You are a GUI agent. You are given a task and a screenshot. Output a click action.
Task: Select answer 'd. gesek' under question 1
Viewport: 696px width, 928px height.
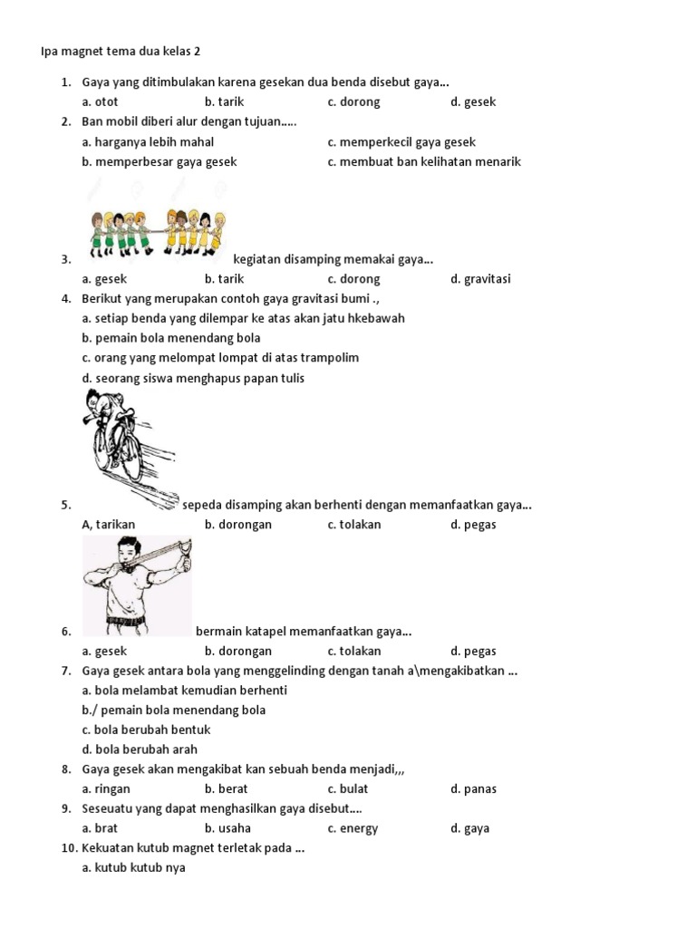(x=473, y=102)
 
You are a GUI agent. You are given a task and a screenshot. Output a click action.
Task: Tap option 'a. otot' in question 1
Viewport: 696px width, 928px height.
(x=100, y=102)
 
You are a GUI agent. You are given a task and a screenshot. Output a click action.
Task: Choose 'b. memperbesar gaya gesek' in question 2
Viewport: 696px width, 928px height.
(x=159, y=162)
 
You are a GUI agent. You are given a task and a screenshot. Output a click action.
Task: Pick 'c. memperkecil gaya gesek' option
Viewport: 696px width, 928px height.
(x=401, y=142)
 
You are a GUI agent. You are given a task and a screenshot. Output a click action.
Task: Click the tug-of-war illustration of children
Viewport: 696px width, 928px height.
(x=158, y=232)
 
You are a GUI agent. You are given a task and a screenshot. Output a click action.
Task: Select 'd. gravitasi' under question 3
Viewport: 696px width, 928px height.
(x=480, y=279)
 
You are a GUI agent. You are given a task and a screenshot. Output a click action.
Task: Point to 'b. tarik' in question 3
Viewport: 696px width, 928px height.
(x=224, y=279)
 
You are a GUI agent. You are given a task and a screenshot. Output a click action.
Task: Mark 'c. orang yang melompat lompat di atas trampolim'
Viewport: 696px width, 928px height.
(x=220, y=358)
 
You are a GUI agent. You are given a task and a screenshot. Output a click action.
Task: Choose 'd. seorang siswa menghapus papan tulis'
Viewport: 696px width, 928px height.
(x=193, y=378)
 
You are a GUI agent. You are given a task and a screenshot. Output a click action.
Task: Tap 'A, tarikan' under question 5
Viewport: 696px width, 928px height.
(x=108, y=525)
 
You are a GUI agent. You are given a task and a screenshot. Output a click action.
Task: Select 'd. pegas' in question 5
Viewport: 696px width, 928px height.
(x=473, y=525)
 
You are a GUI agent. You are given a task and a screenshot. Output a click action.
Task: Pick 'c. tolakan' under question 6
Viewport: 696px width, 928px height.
(x=354, y=651)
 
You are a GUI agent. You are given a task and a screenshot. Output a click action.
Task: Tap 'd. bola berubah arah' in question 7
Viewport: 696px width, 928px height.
(x=140, y=749)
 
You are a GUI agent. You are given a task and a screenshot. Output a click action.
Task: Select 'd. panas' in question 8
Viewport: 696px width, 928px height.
(x=473, y=789)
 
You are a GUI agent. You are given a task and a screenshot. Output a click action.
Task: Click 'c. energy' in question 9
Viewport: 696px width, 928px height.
(x=353, y=828)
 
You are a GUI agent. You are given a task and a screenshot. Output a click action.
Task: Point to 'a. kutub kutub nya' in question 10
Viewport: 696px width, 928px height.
(x=133, y=868)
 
